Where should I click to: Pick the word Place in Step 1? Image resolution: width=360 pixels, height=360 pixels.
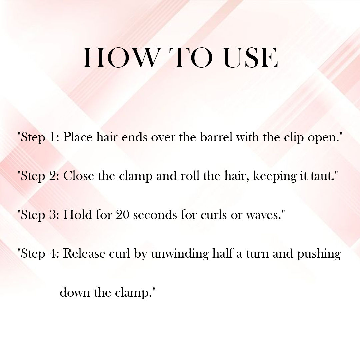click(78, 137)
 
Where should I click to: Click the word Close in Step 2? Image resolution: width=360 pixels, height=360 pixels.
click(79, 176)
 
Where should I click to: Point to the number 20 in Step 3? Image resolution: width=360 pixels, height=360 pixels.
click(123, 215)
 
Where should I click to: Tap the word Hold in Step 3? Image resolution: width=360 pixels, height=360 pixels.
click(78, 215)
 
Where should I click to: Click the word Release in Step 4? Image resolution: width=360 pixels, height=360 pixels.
click(84, 254)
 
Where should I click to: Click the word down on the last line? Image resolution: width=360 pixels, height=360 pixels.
click(75, 293)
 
